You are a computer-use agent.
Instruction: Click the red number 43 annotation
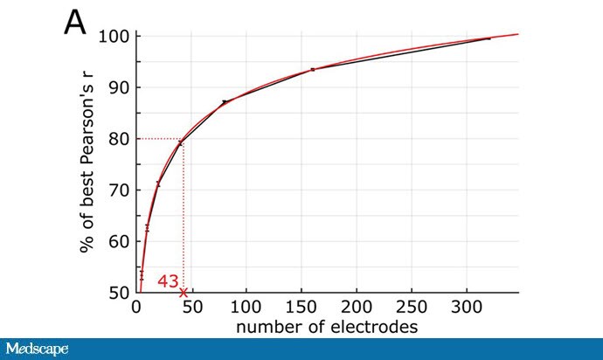click(x=168, y=281)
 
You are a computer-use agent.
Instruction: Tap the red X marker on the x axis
click(x=184, y=292)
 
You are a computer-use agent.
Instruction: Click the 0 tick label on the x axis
click(x=135, y=308)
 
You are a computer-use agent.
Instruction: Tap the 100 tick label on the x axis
click(x=246, y=308)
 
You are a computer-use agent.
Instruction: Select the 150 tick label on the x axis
click(x=301, y=308)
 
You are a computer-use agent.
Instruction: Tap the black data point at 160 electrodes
click(x=312, y=69)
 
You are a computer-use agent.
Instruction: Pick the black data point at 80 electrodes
click(x=225, y=101)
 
